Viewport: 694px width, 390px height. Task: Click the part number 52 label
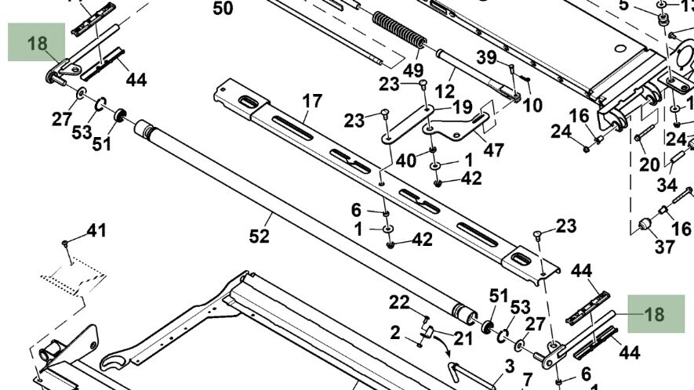tap(259, 235)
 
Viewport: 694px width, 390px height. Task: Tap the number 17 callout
tap(312, 101)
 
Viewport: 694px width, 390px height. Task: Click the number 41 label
tap(96, 231)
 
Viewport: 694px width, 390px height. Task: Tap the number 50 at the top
tap(223, 9)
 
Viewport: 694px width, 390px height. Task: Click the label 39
tap(487, 57)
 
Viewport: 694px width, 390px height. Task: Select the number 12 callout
tap(445, 92)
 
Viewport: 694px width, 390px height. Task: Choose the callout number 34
tap(667, 185)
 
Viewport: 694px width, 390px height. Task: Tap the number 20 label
tap(649, 164)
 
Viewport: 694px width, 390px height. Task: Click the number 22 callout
tap(400, 302)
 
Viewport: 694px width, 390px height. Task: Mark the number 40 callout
tap(405, 161)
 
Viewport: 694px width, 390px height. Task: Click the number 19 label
tap(462, 107)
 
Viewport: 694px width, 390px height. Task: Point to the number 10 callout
tap(532, 104)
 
